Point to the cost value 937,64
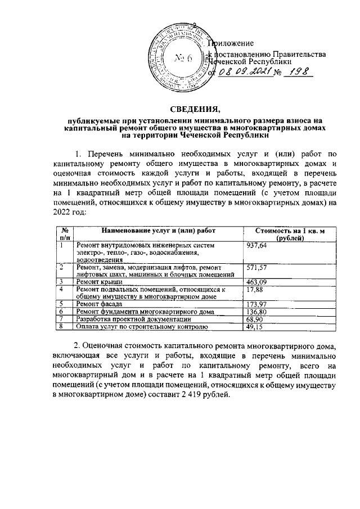click(258, 246)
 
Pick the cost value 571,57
click(258, 267)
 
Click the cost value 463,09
click(258, 281)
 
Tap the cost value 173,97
click(258, 304)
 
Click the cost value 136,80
click(258, 312)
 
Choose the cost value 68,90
click(256, 319)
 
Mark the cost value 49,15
click(256, 326)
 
